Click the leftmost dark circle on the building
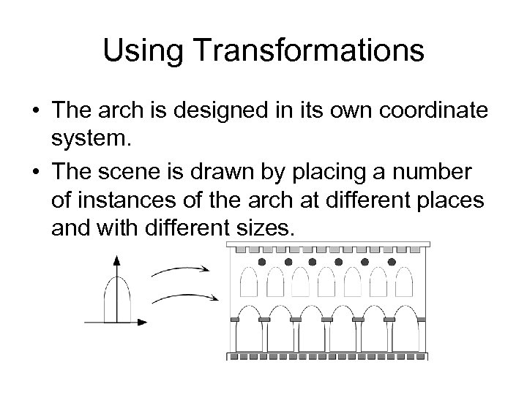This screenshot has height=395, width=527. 262,261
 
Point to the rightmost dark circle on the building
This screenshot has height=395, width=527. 392,261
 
